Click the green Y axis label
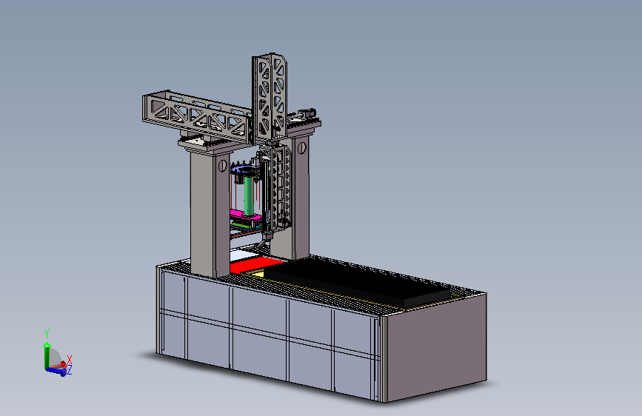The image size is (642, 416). pyautogui.click(x=47, y=334)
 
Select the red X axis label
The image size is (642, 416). pyautogui.click(x=70, y=360)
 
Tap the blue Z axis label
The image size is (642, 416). pyautogui.click(x=70, y=369)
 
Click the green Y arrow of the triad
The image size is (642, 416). pyautogui.click(x=47, y=355)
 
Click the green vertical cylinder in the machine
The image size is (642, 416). pyautogui.click(x=249, y=195)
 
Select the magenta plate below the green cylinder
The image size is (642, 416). pyautogui.click(x=244, y=215)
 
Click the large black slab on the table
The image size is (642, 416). pyautogui.click(x=356, y=281)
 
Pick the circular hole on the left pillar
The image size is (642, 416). pyautogui.click(x=223, y=165)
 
